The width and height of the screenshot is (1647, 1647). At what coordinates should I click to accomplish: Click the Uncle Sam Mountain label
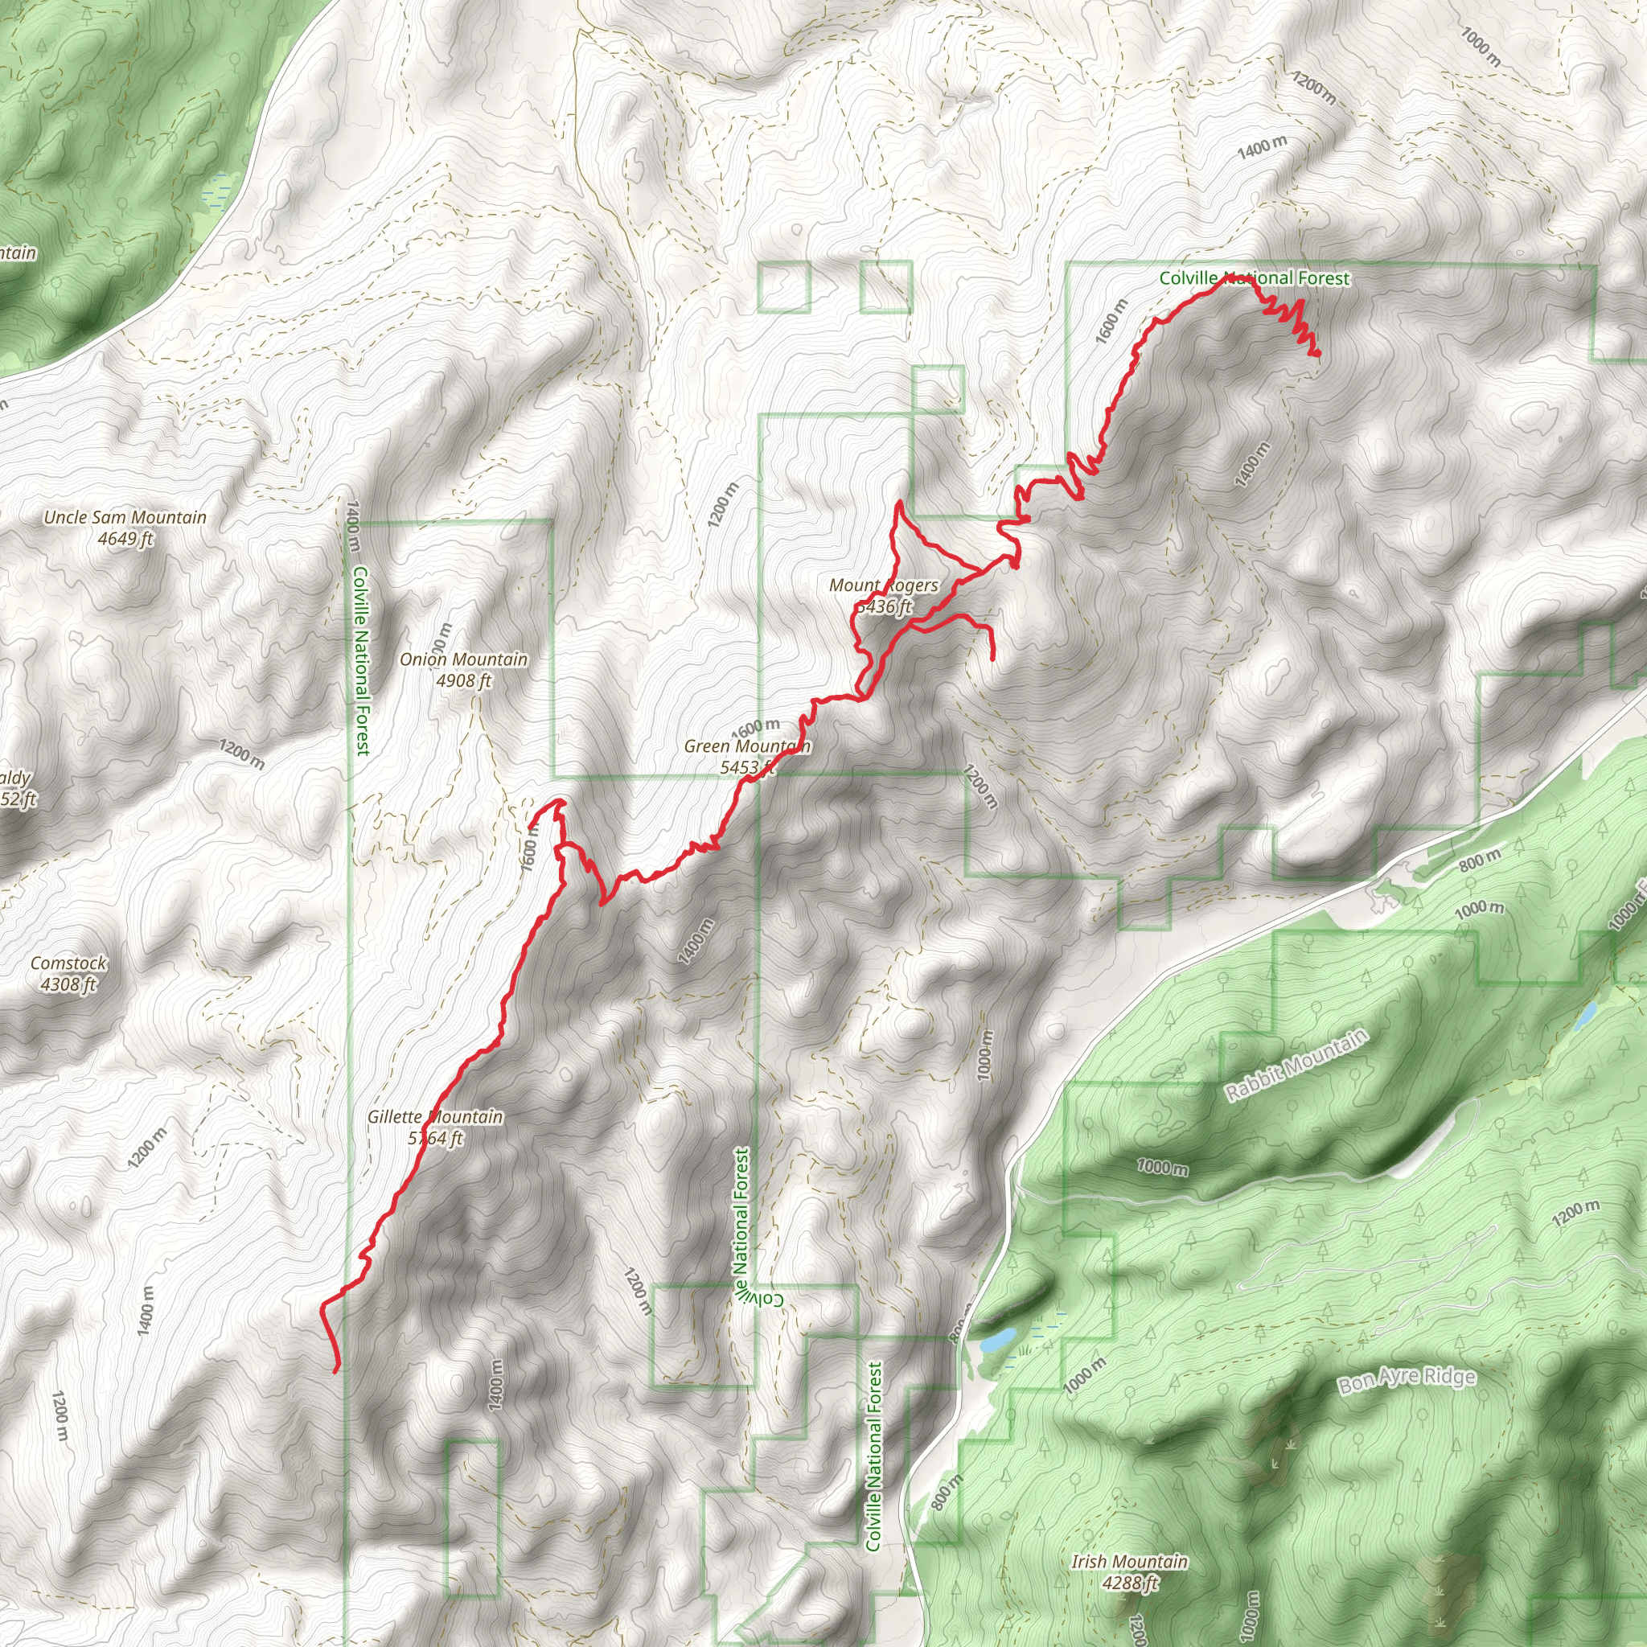pyautogui.click(x=125, y=517)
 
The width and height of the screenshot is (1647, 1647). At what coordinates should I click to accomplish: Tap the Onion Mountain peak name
pyautogui.click(x=463, y=659)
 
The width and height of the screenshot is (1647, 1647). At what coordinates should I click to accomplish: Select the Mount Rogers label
pyautogui.click(x=883, y=585)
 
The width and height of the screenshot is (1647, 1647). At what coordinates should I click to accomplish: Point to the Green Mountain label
pyautogui.click(x=747, y=747)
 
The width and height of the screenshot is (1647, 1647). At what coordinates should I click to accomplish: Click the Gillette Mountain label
pyautogui.click(x=435, y=1117)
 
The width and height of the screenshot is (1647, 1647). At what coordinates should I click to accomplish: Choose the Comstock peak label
pyautogui.click(x=68, y=963)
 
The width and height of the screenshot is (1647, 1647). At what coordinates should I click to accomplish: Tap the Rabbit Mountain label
pyautogui.click(x=1296, y=1065)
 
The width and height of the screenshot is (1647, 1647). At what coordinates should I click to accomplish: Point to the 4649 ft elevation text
pyautogui.click(x=125, y=539)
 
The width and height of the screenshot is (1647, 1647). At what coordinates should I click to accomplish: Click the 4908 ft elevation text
pyautogui.click(x=463, y=681)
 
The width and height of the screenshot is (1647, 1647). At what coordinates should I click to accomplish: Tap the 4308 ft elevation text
pyautogui.click(x=68, y=984)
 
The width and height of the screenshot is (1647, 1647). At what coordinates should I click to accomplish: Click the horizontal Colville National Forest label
pyautogui.click(x=1254, y=278)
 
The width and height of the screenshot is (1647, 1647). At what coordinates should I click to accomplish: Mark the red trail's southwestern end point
pyautogui.click(x=335, y=1372)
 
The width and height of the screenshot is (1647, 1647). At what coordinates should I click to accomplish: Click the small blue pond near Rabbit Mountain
pyautogui.click(x=1586, y=1017)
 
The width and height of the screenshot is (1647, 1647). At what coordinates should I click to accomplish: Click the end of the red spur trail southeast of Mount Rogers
pyautogui.click(x=993, y=659)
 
